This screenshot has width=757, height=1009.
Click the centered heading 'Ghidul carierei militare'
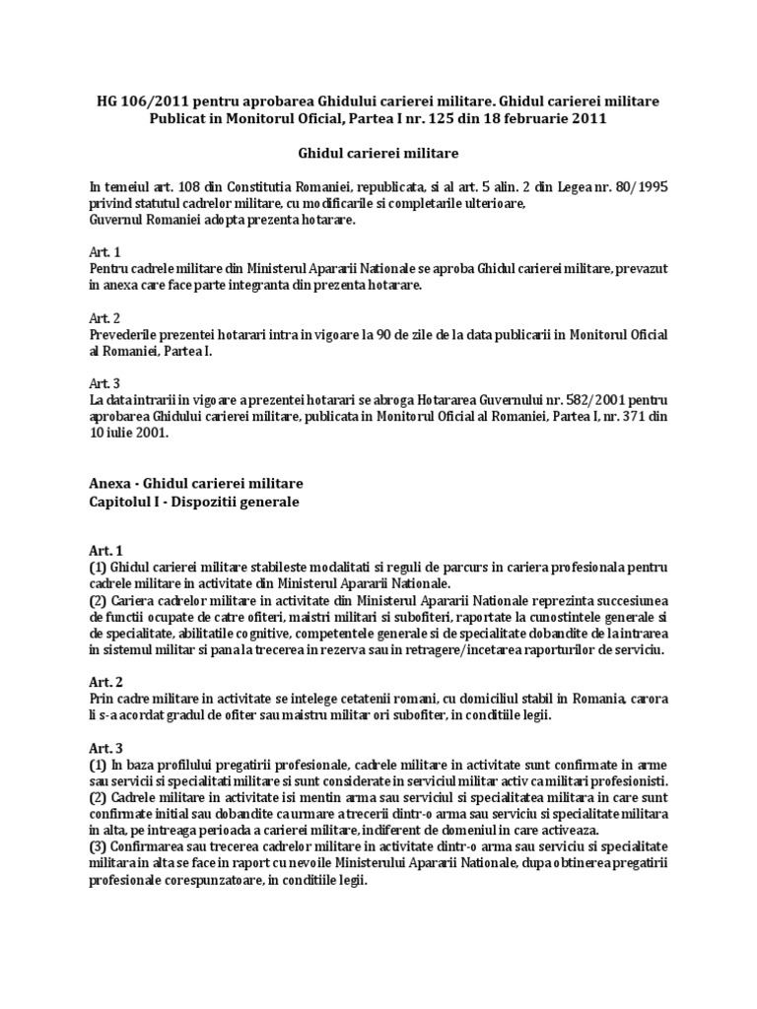click(x=378, y=153)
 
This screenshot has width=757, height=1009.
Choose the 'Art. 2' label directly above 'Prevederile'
click(x=103, y=318)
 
